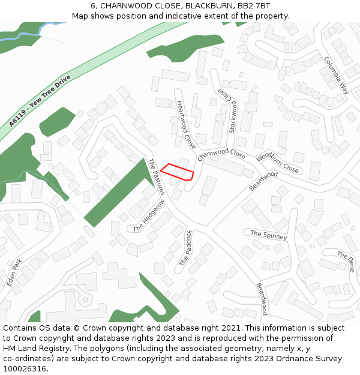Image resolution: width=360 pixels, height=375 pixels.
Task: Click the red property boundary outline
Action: coord(177,172)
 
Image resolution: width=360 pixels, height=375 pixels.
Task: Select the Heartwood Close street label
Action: coord(186,125)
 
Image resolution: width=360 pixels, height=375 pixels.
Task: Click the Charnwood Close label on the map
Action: coord(221,154)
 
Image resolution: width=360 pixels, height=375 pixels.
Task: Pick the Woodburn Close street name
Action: coord(277,163)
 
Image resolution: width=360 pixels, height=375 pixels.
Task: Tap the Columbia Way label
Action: coord(337,75)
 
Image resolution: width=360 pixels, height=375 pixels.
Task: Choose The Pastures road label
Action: coord(156,176)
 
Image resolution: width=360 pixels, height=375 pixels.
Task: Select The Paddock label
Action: coord(186,248)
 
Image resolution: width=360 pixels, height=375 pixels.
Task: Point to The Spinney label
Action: coord(268,235)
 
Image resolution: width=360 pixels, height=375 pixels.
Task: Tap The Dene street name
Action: coord(346,263)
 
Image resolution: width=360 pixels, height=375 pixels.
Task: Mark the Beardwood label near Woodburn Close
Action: coord(263,182)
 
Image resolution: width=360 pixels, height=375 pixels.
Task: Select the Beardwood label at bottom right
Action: coord(262,298)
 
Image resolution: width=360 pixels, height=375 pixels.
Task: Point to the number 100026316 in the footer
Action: coord(25,368)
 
